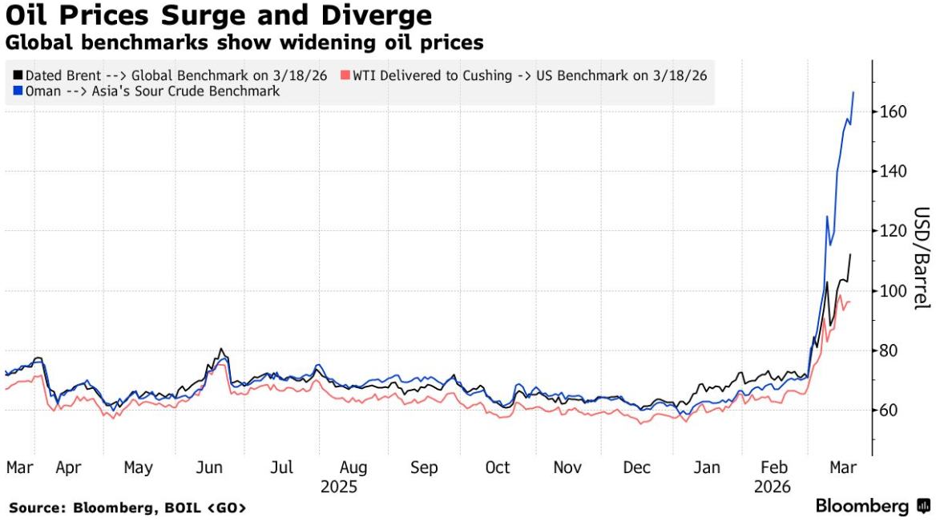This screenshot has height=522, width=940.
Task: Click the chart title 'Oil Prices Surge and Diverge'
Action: coord(219,15)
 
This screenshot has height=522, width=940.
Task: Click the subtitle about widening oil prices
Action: coord(244,41)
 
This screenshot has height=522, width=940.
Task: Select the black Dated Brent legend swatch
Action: coord(18,75)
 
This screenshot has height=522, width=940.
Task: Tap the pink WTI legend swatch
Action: coord(345,75)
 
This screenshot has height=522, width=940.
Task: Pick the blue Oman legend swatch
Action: coord(18,91)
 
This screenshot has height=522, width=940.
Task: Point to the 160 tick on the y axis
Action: coord(892,111)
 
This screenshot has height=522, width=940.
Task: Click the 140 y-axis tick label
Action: coord(892,172)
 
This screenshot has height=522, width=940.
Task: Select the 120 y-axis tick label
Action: coord(892,231)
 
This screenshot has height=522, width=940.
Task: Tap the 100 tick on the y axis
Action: coord(892,291)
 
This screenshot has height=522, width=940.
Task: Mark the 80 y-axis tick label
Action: coord(888,350)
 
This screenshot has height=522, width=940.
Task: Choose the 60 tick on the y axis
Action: coord(888,411)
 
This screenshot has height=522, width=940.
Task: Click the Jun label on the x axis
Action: coord(209,467)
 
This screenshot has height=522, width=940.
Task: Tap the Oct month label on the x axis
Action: coord(498,467)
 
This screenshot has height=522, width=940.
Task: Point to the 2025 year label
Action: coord(338,487)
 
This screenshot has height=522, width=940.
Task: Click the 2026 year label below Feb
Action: coord(772,487)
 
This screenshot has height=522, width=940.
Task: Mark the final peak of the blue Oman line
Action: coord(853,92)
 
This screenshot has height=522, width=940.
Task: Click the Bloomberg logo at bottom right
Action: coord(872,506)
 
